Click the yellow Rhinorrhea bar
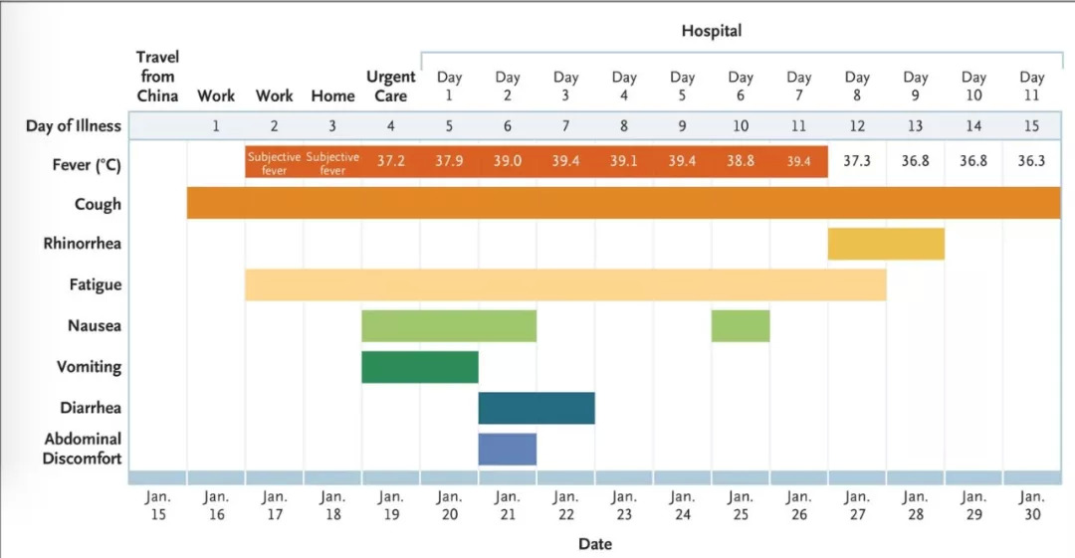[x=886, y=244]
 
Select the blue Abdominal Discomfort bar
[x=508, y=449]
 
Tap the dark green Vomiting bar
[x=420, y=367]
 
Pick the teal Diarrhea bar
[x=537, y=408]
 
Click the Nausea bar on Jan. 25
[x=741, y=325]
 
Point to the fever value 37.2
[x=391, y=161]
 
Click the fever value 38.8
[x=741, y=161]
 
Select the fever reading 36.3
[x=1032, y=161]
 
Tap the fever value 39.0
[x=508, y=161]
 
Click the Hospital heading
[x=712, y=31]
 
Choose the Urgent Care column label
[x=391, y=87]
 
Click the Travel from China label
[x=157, y=77]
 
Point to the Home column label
[x=332, y=96]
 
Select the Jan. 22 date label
[x=565, y=504]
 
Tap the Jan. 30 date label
[x=1032, y=504]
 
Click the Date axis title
[x=595, y=544]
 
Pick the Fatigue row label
[x=96, y=284]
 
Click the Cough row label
[x=98, y=204]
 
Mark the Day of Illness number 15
[x=1032, y=126]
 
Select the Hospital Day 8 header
[x=857, y=87]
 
